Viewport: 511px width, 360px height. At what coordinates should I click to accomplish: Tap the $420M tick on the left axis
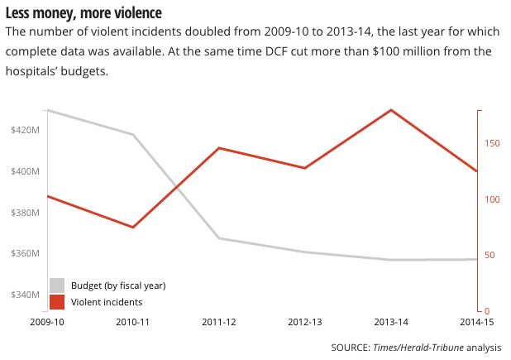pyautogui.click(x=26, y=131)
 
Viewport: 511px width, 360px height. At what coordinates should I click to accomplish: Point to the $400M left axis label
pyautogui.click(x=26, y=171)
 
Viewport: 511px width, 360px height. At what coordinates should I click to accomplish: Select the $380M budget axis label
pyautogui.click(x=26, y=213)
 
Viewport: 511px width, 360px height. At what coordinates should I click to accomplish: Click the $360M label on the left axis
pyautogui.click(x=26, y=253)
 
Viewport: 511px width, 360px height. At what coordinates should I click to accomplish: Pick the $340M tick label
pyautogui.click(x=26, y=295)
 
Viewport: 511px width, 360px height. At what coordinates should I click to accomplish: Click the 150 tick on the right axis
pyautogui.click(x=494, y=144)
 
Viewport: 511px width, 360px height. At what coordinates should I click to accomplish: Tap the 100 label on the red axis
pyautogui.click(x=494, y=199)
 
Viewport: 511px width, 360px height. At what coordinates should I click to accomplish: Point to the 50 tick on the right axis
pyautogui.click(x=491, y=255)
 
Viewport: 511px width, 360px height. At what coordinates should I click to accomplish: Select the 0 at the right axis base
pyautogui.click(x=489, y=310)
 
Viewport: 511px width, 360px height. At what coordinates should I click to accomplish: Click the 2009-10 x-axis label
pyautogui.click(x=47, y=322)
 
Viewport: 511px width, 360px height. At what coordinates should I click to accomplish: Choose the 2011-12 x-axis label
pyautogui.click(x=219, y=322)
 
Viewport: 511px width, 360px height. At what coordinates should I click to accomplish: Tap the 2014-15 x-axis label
pyautogui.click(x=477, y=322)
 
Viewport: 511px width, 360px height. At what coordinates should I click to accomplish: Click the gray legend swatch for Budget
pyautogui.click(x=57, y=286)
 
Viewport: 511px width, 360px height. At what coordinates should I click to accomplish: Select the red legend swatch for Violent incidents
pyautogui.click(x=57, y=302)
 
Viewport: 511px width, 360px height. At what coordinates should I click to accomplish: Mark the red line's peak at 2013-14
pyautogui.click(x=391, y=110)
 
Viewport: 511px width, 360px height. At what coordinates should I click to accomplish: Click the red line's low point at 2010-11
pyautogui.click(x=133, y=227)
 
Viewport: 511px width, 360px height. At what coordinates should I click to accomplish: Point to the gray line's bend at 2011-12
pyautogui.click(x=219, y=238)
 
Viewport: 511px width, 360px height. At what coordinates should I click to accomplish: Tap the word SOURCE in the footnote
pyautogui.click(x=349, y=347)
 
